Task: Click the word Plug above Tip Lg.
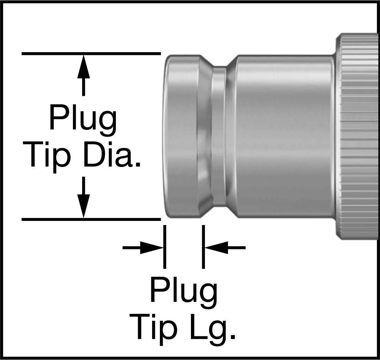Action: pyautogui.click(x=184, y=293)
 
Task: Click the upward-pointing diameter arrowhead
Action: pyautogui.click(x=83, y=67)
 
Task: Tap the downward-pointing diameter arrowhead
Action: pyautogui.click(x=83, y=206)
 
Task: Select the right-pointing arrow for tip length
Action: pyautogui.click(x=143, y=248)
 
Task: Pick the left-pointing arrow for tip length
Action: pyautogui.click(x=225, y=248)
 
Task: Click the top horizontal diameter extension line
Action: pyautogui.click(x=91, y=53)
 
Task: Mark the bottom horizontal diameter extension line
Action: pyautogui.click(x=91, y=219)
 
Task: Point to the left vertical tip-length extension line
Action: pyautogui.click(x=164, y=247)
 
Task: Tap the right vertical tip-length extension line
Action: pyautogui.click(x=203, y=247)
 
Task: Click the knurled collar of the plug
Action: pyautogui.click(x=357, y=136)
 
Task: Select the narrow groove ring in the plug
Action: pyautogui.click(x=219, y=136)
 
